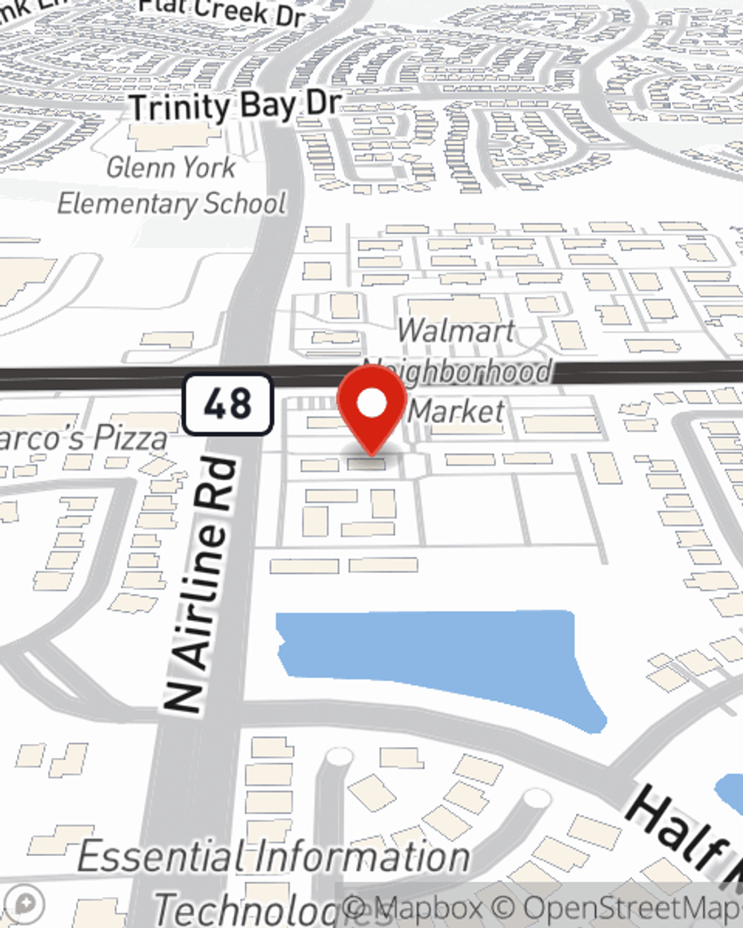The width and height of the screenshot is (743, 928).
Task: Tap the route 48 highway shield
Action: click(x=228, y=405)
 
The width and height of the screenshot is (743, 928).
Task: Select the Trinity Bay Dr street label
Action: click(x=236, y=106)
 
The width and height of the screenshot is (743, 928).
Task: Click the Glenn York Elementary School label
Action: click(x=172, y=186)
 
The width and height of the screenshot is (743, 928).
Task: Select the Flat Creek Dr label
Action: click(x=223, y=11)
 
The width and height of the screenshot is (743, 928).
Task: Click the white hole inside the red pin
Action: click(x=371, y=403)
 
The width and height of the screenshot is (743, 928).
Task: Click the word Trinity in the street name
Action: click(x=181, y=108)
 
